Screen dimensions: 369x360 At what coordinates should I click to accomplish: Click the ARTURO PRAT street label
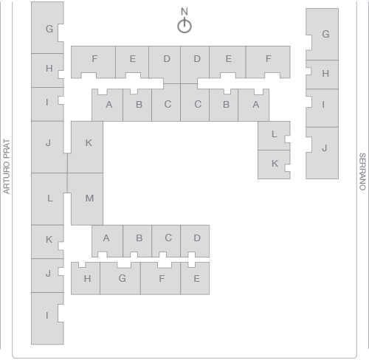pyautogui.click(x=7, y=167)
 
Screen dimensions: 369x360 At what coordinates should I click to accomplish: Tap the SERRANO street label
pyautogui.click(x=362, y=172)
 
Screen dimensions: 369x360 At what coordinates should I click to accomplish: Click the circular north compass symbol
pyautogui.click(x=184, y=26)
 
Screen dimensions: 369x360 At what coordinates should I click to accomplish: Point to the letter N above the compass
pyautogui.click(x=184, y=11)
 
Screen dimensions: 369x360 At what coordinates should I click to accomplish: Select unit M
pyautogui.click(x=87, y=199)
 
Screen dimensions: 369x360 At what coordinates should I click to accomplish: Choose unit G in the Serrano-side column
pyautogui.click(x=323, y=34)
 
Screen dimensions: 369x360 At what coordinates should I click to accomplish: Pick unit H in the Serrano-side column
pyautogui.click(x=323, y=75)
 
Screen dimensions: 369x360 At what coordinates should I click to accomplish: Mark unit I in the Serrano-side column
pyautogui.click(x=323, y=108)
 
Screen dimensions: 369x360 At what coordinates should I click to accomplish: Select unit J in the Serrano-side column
pyautogui.click(x=323, y=153)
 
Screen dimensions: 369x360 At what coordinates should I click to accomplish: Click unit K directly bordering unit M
pyautogui.click(x=86, y=147)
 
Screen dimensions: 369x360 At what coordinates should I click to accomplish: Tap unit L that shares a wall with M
pyautogui.click(x=49, y=198)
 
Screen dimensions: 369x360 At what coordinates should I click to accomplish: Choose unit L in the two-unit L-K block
pyautogui.click(x=274, y=136)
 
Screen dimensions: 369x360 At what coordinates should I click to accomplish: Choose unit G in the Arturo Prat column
pyautogui.click(x=46, y=27)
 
